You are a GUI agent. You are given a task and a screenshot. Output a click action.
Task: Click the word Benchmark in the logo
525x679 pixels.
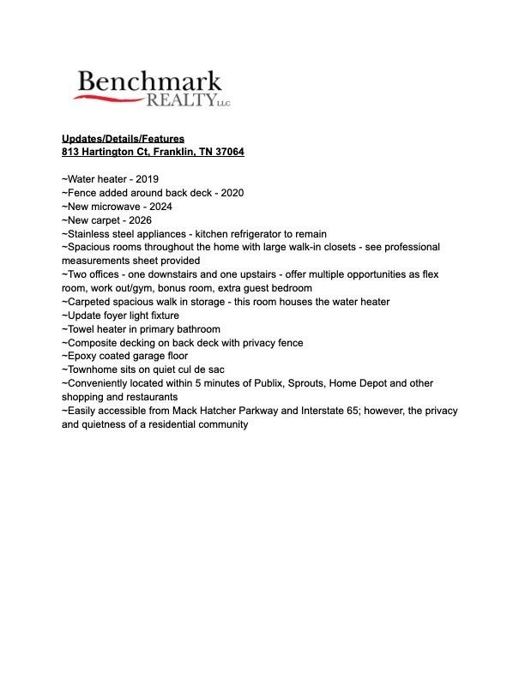(x=148, y=81)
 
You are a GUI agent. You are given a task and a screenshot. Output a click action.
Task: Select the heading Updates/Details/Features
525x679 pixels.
(x=123, y=138)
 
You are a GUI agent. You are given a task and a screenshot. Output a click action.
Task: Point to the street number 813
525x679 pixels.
(x=69, y=152)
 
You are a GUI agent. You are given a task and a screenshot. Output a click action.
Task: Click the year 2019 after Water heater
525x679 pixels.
(x=147, y=179)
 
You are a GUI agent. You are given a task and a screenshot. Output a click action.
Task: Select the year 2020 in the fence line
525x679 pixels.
(x=232, y=193)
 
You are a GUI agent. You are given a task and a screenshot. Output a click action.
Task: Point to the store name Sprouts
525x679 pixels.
(x=334, y=383)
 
